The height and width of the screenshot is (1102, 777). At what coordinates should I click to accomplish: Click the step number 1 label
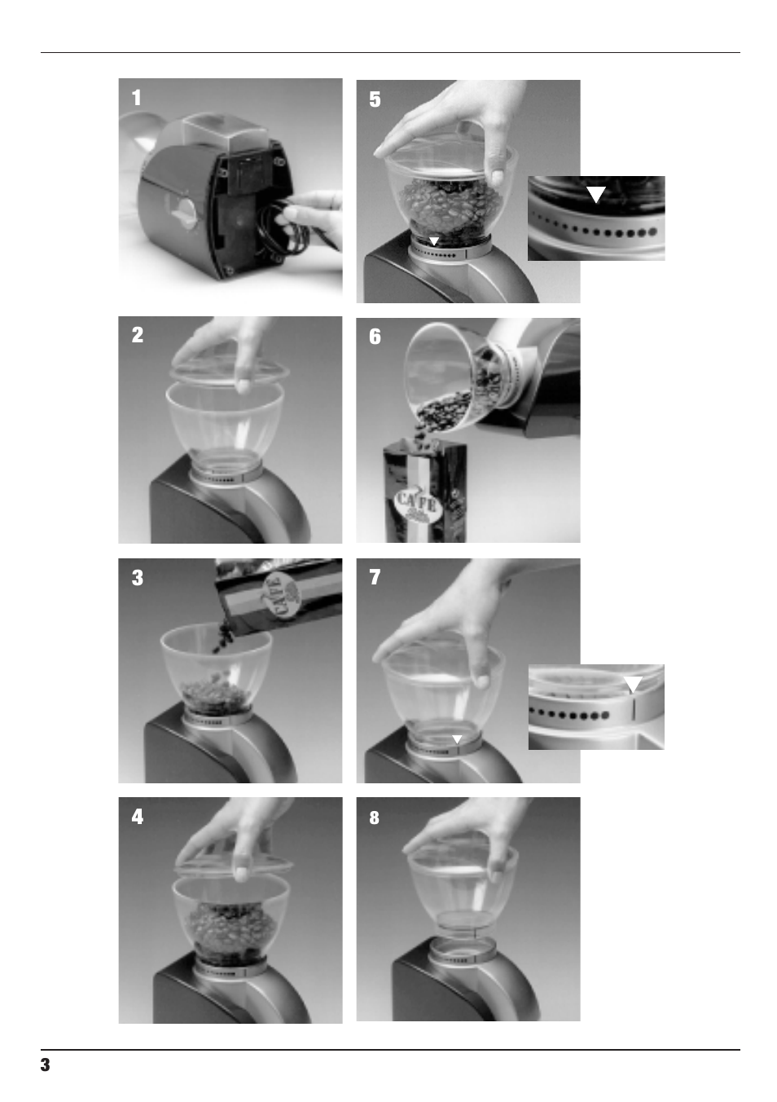point(137,99)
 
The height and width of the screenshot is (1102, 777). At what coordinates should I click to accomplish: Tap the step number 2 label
point(137,336)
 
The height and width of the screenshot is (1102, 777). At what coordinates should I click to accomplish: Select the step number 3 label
point(137,578)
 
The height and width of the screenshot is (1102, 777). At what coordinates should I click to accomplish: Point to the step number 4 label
point(137,817)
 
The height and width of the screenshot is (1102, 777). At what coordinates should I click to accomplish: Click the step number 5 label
point(375,100)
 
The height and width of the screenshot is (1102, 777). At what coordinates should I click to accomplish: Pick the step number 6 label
point(375,337)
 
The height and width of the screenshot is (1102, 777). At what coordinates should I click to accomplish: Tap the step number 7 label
point(375,578)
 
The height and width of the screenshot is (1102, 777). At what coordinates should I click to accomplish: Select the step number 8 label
point(375,818)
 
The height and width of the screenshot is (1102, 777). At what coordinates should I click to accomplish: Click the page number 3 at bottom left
point(46,1065)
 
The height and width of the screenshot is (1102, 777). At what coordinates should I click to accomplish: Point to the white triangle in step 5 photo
point(435,241)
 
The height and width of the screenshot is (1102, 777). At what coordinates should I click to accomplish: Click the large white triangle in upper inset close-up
point(596,194)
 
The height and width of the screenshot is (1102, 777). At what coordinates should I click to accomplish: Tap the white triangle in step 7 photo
point(457,738)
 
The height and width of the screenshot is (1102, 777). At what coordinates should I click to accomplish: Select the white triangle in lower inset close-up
point(633,684)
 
